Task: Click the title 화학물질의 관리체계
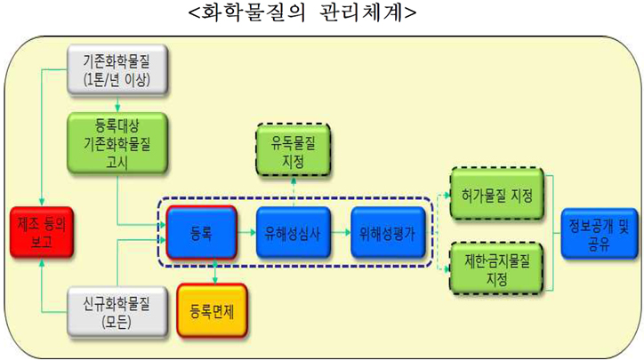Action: coord(302,14)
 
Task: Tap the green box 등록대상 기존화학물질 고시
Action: coord(115,140)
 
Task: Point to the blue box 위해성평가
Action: coord(386,234)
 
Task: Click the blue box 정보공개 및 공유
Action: coord(599,233)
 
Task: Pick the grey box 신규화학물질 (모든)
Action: coord(115,311)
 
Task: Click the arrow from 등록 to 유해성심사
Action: coord(246,234)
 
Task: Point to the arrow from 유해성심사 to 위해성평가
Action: coord(340,234)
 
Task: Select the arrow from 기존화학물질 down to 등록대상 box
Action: coord(115,102)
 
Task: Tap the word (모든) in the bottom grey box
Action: coord(115,322)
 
